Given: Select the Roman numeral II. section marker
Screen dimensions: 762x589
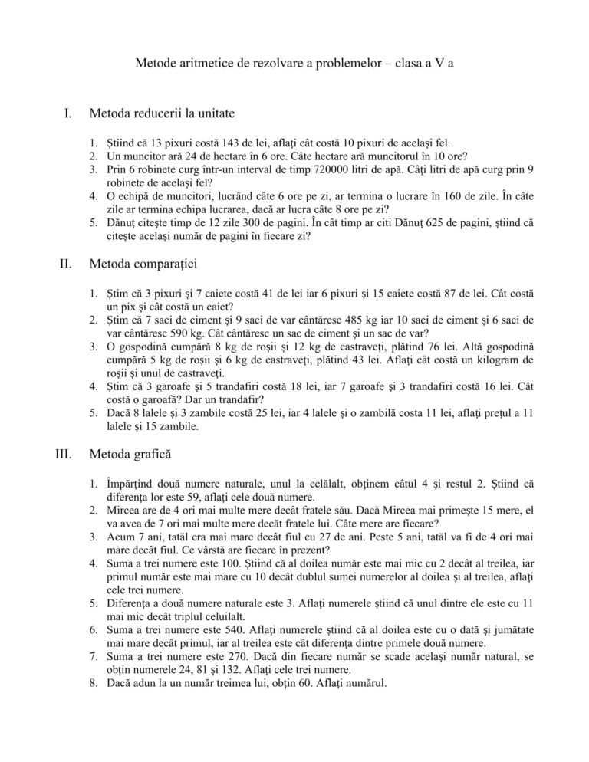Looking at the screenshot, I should point(65,265).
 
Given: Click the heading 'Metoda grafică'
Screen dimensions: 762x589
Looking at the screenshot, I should point(130,456).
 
